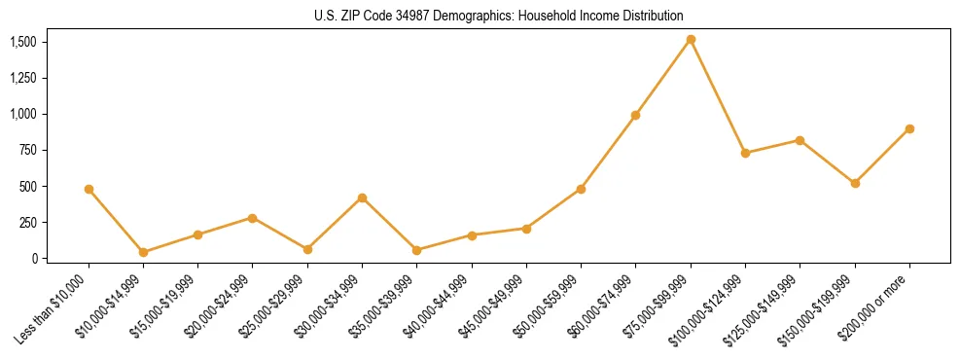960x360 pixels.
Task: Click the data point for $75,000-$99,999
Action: [691, 40]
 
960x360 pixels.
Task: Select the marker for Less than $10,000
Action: [89, 189]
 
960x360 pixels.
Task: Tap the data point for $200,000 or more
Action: [909, 128]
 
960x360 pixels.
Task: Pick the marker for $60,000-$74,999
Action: [635, 115]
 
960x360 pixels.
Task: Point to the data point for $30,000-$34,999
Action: [362, 198]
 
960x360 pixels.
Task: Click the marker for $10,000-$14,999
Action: [143, 252]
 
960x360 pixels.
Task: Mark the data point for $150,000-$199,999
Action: [855, 183]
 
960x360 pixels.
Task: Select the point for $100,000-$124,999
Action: [745, 153]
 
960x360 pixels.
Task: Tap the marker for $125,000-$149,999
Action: [800, 140]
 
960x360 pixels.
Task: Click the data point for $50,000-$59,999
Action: [581, 189]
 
